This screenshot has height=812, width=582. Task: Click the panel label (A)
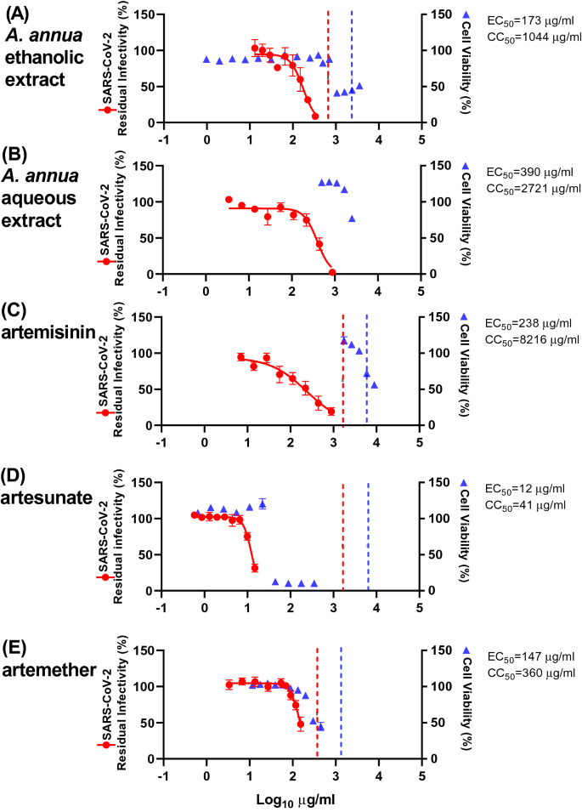tap(20, 14)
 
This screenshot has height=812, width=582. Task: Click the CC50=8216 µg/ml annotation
tap(534, 339)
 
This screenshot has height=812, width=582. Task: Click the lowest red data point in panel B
tap(332, 272)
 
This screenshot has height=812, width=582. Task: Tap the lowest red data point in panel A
tap(315, 116)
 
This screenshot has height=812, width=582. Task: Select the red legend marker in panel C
tap(104, 412)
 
